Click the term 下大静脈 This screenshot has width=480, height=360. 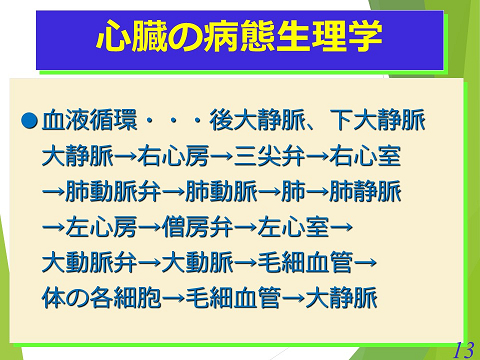[376, 121]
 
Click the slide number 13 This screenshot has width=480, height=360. [463, 349]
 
